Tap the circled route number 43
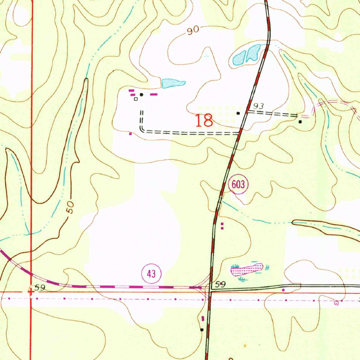(x=151, y=274)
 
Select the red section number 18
(x=204, y=121)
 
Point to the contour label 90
(x=193, y=31)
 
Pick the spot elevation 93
(x=258, y=106)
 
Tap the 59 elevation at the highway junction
(x=220, y=284)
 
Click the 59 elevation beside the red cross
(x=40, y=288)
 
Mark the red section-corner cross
(x=31, y=291)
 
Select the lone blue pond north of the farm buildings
(x=173, y=83)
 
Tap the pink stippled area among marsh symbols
(x=246, y=270)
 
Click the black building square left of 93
(x=238, y=113)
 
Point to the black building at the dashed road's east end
(x=300, y=122)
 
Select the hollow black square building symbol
(x=136, y=99)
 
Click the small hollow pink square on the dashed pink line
(x=336, y=303)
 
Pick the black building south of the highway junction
(x=202, y=330)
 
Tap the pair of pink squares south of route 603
(x=222, y=226)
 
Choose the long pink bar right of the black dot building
(x=154, y=94)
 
